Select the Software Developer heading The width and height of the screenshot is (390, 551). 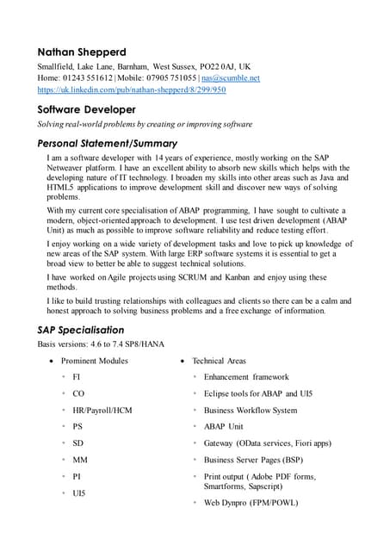click(86, 109)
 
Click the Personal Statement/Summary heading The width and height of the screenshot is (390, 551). click(107, 143)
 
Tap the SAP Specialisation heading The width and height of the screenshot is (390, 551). click(81, 330)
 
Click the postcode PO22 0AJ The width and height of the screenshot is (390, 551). click(212, 66)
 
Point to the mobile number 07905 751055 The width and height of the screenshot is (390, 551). click(169, 77)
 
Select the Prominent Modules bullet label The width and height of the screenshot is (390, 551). click(95, 361)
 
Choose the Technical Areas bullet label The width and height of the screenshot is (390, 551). click(219, 361)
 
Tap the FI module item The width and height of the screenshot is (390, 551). click(77, 377)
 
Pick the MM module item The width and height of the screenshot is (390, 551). click(80, 460)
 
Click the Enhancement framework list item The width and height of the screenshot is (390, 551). click(246, 377)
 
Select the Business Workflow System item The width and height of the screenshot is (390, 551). click(251, 411)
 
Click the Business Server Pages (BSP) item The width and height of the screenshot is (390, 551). click(253, 460)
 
